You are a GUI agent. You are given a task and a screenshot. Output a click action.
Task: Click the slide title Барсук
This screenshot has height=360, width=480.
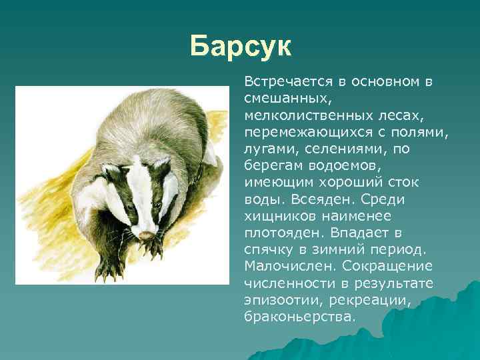coord(240,46)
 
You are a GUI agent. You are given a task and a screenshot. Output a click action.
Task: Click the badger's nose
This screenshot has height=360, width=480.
coord(144,235)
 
